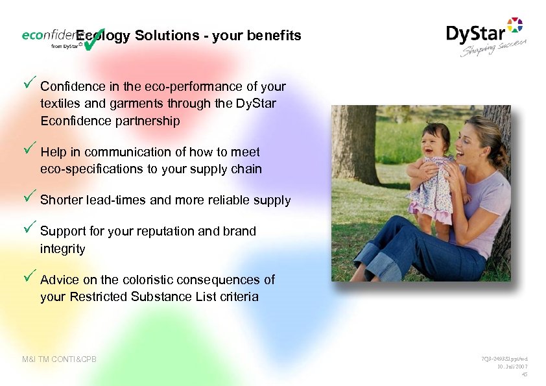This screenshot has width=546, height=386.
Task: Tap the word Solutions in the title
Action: tap(164, 36)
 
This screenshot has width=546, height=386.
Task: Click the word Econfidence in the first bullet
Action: tap(72, 121)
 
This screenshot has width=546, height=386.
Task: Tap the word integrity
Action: tap(62, 248)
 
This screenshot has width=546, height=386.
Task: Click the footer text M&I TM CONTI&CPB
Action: tap(59, 359)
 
